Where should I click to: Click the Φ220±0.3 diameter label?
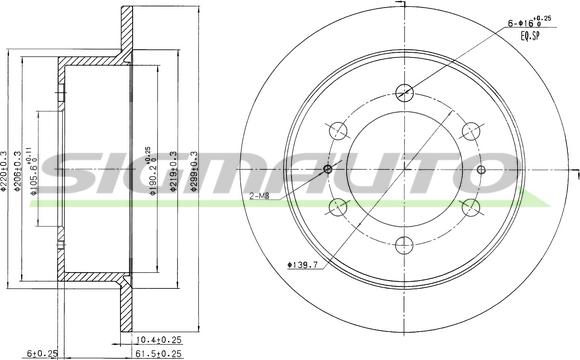(x=7, y=170)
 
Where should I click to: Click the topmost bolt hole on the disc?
(x=404, y=92)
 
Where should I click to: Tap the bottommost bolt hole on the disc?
(x=404, y=245)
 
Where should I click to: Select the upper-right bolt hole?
(x=470, y=130)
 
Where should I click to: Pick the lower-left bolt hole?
(x=338, y=207)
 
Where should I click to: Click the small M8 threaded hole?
(x=328, y=168)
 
